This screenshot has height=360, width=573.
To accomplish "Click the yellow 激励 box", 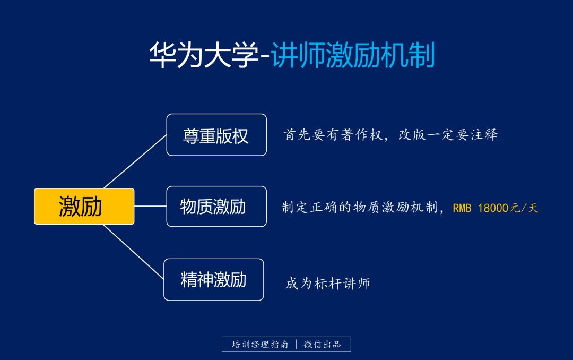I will pyautogui.click(x=84, y=206).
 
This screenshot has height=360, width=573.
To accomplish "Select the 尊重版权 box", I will pyautogui.click(x=216, y=135).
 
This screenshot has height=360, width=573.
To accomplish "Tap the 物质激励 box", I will pyautogui.click(x=216, y=206).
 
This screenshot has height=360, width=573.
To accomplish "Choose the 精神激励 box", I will pyautogui.click(x=213, y=279).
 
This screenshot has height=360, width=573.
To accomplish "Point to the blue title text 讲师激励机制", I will pyautogui.click(x=353, y=56).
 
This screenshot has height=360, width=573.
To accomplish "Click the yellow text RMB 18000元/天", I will pyautogui.click(x=495, y=208).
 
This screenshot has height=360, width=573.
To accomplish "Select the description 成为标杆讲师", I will pyautogui.click(x=328, y=283).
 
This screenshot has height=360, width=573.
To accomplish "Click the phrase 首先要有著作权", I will pyautogui.click(x=333, y=135).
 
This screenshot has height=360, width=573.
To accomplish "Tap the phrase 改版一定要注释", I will pyautogui.click(x=448, y=135).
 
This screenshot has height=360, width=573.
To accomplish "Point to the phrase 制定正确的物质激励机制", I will pyautogui.click(x=359, y=208).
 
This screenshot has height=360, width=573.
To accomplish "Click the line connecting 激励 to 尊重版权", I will pyautogui.click(x=135, y=161).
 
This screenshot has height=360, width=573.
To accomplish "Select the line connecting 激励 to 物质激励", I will pyautogui.click(x=150, y=206).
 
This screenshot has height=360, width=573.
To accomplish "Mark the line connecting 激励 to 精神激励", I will pyautogui.click(x=134, y=252).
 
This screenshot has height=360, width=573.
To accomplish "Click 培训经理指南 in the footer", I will pyautogui.click(x=260, y=344).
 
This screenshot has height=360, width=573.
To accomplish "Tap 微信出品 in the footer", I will pyautogui.click(x=322, y=344).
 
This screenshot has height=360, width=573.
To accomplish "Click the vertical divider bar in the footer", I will pyautogui.click(x=296, y=344).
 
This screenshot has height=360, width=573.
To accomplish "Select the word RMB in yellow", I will pyautogui.click(x=462, y=208).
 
